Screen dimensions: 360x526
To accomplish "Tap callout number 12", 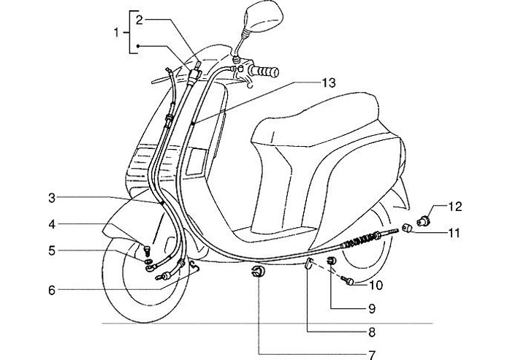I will (455, 207).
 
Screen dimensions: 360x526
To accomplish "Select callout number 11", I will (455, 234).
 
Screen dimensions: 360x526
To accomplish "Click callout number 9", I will (371, 308).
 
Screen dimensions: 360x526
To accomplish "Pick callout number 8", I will (371, 332).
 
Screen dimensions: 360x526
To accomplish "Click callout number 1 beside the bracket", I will (115, 32).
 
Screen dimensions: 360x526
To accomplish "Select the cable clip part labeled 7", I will (257, 275).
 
